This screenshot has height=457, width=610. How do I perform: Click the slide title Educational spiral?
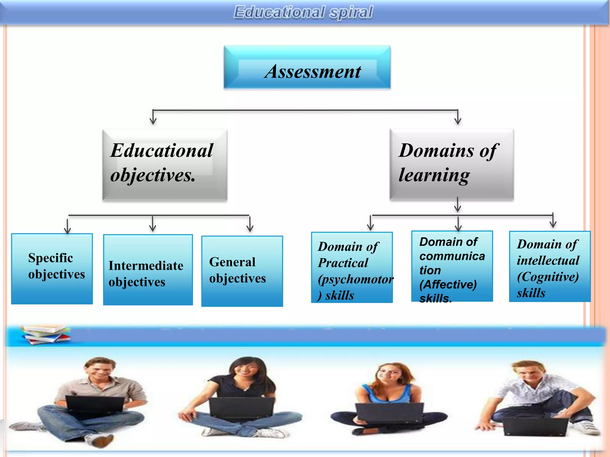[303, 12]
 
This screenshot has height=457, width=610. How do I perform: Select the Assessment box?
[307, 67]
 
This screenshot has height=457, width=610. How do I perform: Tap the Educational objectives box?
[165, 165]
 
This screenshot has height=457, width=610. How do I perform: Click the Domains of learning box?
[452, 164]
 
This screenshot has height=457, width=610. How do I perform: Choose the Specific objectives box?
[52, 269]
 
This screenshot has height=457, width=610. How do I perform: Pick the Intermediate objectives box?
[148, 270]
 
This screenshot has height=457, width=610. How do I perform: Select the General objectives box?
[242, 271]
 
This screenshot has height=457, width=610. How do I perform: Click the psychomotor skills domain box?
[352, 267]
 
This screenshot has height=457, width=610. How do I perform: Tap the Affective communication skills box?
[452, 266]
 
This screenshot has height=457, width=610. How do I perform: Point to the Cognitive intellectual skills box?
[550, 267]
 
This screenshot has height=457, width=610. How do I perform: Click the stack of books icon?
[46, 334]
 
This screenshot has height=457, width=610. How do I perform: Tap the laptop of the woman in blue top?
[390, 413]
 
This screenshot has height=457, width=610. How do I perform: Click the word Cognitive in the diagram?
[548, 277]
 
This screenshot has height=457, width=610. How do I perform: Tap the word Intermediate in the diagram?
[146, 266]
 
